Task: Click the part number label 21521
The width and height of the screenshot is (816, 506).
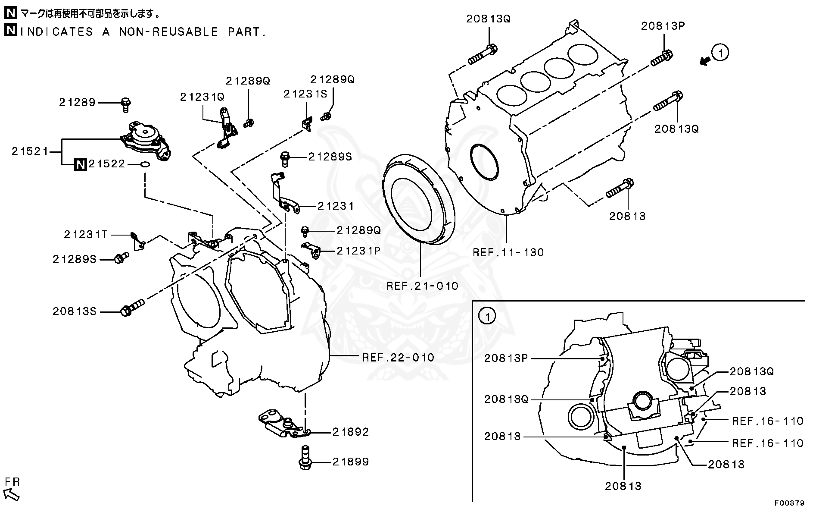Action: point(30,151)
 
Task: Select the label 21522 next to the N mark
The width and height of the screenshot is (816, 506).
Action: point(106,164)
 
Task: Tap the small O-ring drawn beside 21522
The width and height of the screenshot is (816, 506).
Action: point(145,164)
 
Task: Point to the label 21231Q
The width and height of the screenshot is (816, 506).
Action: point(202,97)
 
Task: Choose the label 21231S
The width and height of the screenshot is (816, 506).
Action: point(305,94)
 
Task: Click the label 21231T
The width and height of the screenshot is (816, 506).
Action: point(85,234)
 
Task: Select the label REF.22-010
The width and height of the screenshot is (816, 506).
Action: point(398,357)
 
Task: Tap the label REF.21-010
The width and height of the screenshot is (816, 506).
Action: point(422,286)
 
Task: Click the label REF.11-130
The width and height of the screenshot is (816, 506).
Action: point(508,252)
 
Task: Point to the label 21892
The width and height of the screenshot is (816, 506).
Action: point(350,432)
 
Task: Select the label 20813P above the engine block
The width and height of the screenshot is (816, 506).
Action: point(663,25)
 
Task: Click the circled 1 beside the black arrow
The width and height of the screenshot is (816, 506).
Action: point(720,53)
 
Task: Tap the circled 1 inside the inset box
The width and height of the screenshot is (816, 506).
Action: point(487,317)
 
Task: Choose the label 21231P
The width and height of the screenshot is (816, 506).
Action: point(358,251)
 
